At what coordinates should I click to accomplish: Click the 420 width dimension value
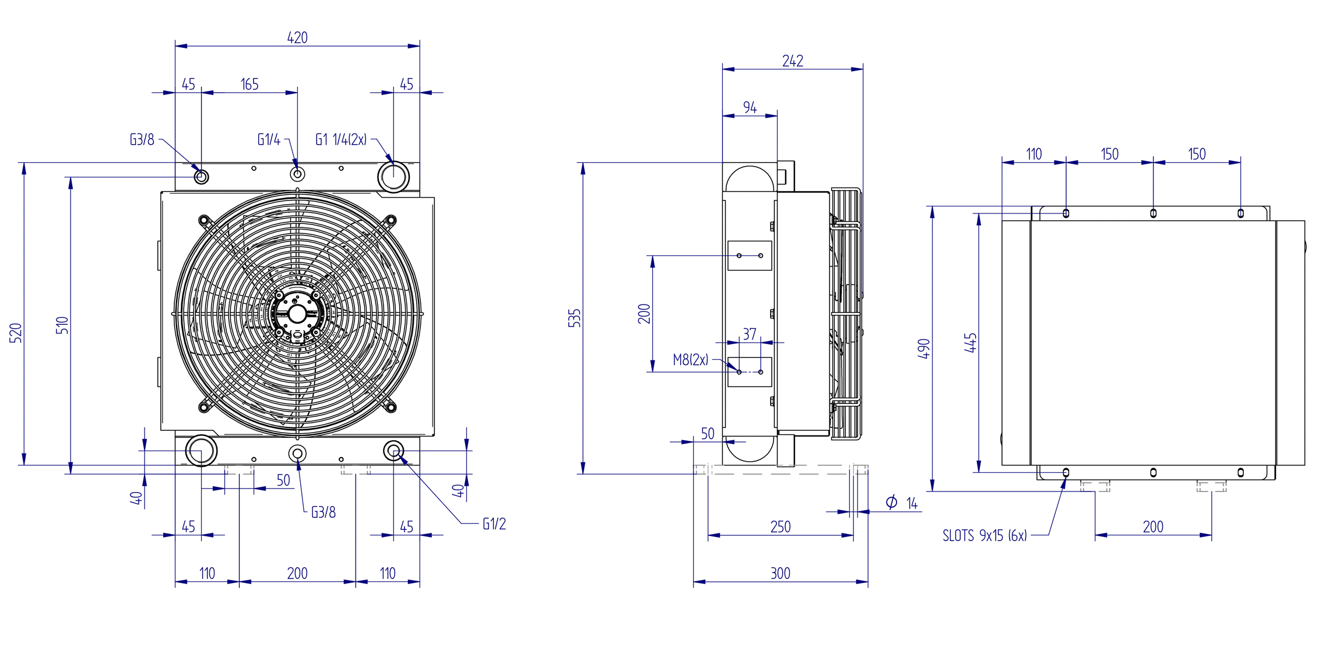coord(297,38)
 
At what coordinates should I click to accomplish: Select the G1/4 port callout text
coord(269,140)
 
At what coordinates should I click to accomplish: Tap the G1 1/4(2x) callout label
coord(341,140)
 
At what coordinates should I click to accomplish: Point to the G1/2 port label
coord(494,524)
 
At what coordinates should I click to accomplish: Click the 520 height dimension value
coord(16,333)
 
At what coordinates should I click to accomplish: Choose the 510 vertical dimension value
coord(62,325)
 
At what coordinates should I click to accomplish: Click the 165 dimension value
coord(249,85)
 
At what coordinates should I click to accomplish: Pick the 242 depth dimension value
coord(793,61)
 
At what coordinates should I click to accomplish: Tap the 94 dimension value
coord(750,108)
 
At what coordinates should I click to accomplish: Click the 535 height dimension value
coord(575,318)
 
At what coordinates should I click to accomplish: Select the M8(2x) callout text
coord(691,360)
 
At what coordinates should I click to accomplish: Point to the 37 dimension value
coord(750,335)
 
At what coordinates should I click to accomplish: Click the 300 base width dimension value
coord(780,574)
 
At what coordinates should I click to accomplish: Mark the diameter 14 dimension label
coord(902,503)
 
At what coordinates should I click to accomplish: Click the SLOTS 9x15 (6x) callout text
coord(985,536)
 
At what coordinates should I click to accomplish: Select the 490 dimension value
coord(924,349)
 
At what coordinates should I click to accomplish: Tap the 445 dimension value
coord(971,343)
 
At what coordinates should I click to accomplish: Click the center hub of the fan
coord(297,314)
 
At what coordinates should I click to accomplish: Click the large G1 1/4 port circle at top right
coord(393,176)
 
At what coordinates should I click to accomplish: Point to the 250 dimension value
coord(780,527)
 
